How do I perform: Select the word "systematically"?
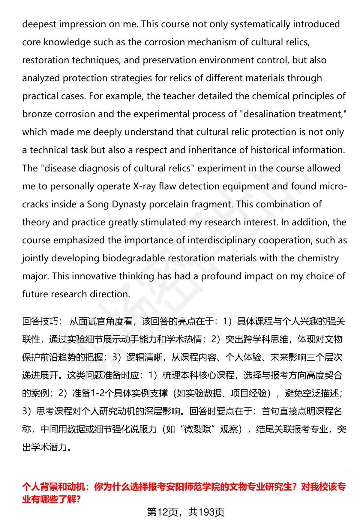pos(260,24)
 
